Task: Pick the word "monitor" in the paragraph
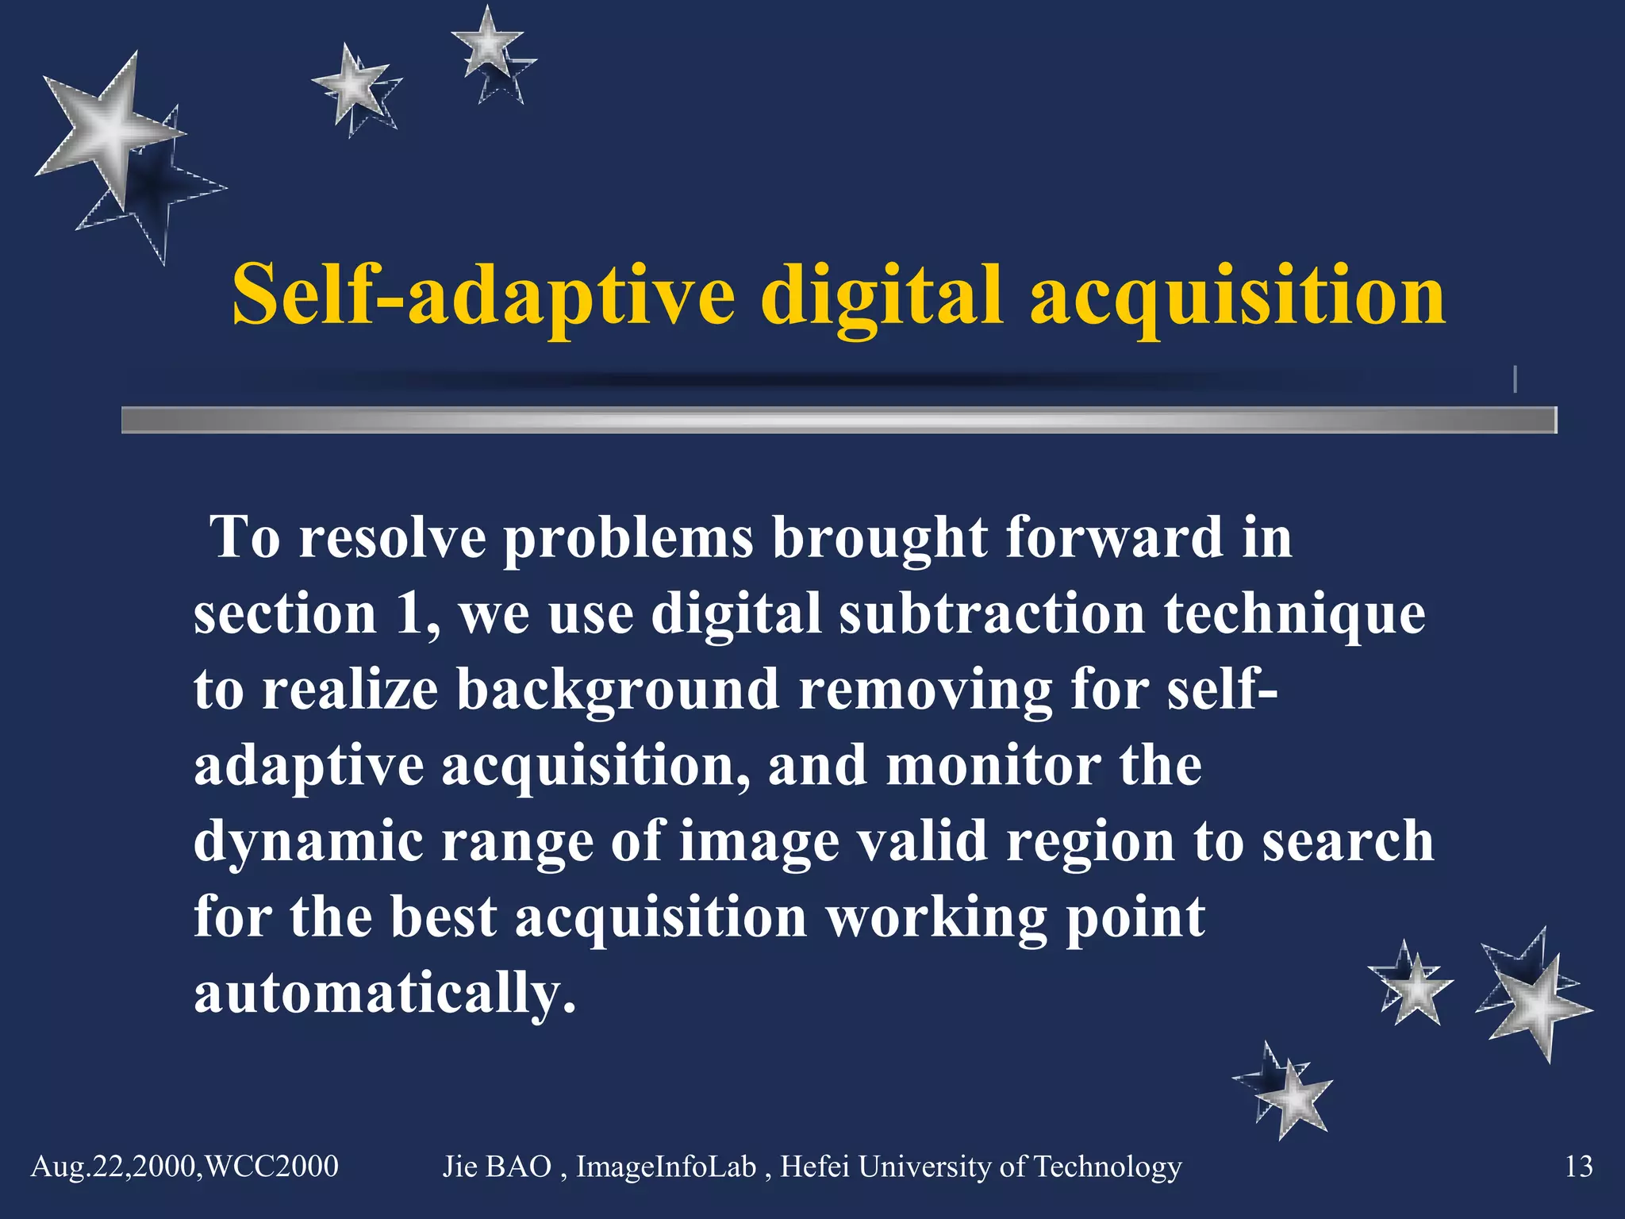[x=993, y=766]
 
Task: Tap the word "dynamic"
[x=309, y=842]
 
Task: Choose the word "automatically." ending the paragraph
[x=384, y=993]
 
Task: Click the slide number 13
[x=1578, y=1167]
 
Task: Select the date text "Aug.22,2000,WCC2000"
[x=184, y=1167]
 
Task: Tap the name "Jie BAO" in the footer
[x=497, y=1167]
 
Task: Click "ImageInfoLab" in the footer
[x=666, y=1167]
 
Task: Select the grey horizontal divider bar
[x=838, y=419]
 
